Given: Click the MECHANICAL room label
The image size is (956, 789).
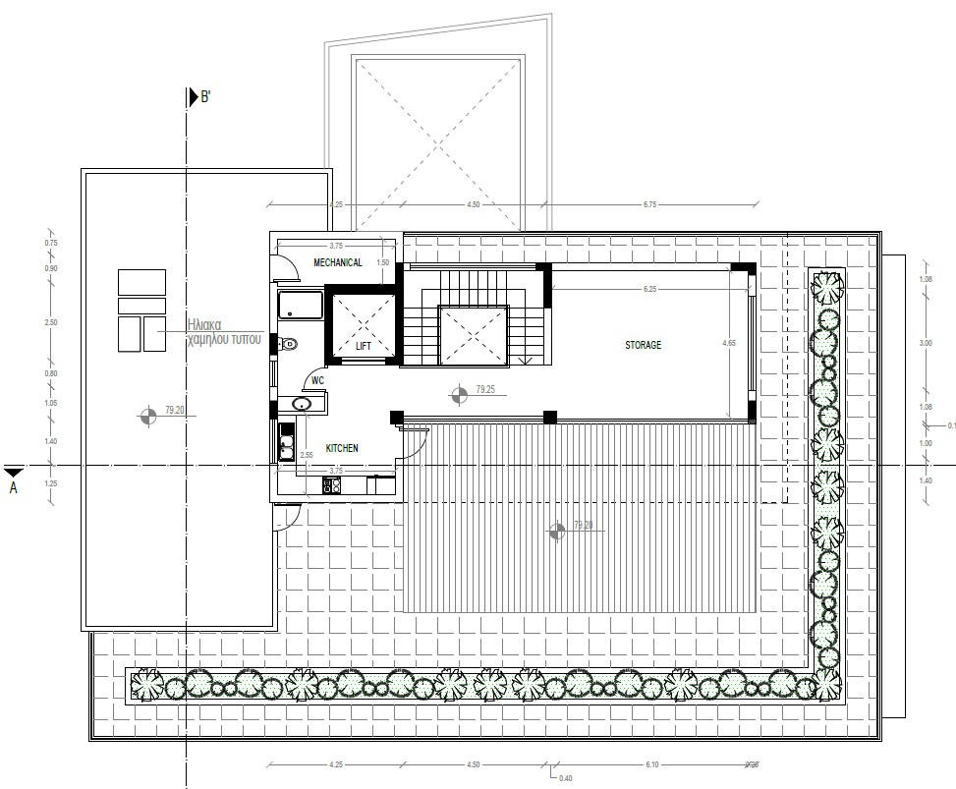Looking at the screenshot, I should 338,262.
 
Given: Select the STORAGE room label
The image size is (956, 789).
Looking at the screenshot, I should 644,345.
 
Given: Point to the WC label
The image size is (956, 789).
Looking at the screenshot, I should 317,379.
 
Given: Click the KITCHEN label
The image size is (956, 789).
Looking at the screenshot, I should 342,448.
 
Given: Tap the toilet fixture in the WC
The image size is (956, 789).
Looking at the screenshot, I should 288,344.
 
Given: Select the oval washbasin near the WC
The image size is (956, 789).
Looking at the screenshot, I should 302,404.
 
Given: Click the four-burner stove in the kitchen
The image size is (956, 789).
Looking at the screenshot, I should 333,484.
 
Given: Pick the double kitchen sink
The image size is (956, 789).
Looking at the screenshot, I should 286,446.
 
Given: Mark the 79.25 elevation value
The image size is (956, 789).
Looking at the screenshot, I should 484,390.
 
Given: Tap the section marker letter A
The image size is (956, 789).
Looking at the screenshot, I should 14,486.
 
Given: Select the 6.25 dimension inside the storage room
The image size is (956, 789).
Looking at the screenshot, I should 649,290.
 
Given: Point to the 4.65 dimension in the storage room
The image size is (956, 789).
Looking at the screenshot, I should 728,344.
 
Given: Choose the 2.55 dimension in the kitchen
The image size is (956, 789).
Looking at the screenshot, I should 307,456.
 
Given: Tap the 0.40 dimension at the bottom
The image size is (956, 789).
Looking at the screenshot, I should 565,779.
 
